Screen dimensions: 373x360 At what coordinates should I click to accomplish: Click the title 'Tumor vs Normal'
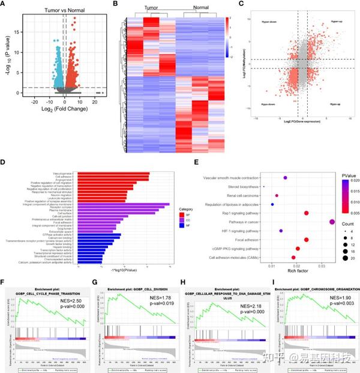click(x=58, y=10)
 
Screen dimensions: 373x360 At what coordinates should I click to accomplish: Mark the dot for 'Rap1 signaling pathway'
click(x=306, y=213)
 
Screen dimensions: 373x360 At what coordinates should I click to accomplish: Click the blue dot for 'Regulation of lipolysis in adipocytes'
click(x=272, y=204)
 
